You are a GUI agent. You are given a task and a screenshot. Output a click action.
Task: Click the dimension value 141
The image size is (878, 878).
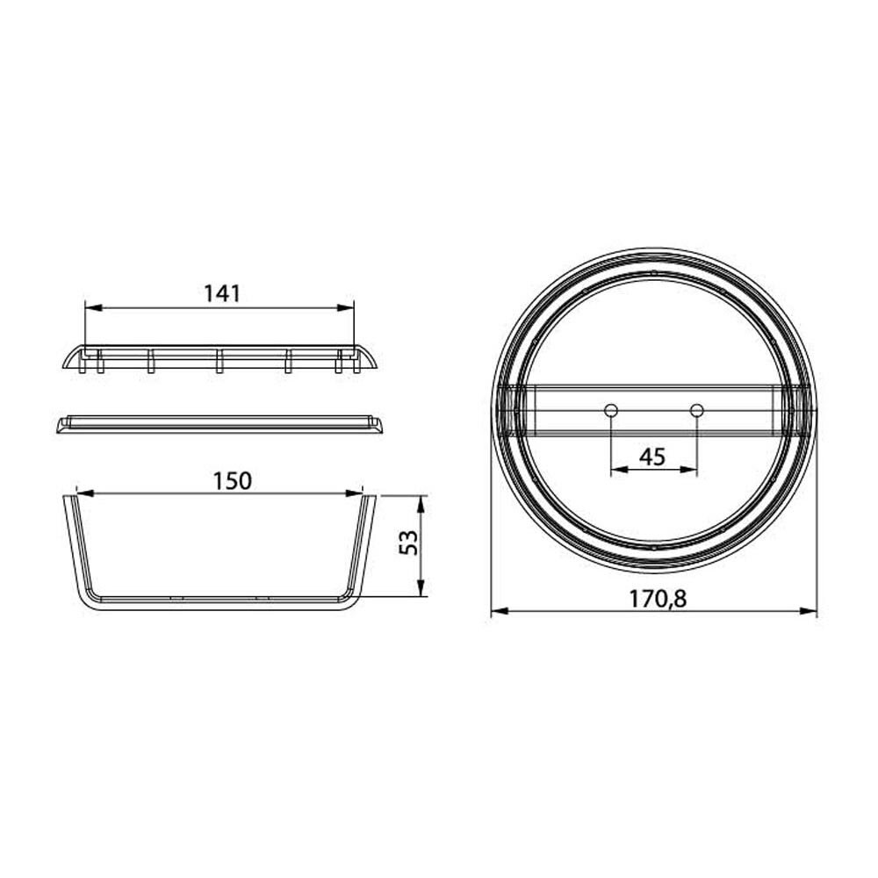point(222,293)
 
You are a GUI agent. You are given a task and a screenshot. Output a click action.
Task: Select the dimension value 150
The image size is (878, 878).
point(233,480)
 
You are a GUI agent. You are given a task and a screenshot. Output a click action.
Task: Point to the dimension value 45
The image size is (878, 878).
point(651,457)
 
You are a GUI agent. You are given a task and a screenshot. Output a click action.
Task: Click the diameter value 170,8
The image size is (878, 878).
point(657,598)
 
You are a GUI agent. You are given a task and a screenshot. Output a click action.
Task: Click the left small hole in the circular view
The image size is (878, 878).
point(610,410)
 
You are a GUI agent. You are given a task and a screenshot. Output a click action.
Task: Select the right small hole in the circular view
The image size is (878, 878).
point(697,410)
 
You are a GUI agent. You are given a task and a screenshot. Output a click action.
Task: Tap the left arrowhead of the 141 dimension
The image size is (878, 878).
point(90,307)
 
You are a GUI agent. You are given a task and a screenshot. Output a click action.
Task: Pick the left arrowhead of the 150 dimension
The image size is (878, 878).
point(83,493)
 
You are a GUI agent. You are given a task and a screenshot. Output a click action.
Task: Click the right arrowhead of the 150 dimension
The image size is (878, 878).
point(356,493)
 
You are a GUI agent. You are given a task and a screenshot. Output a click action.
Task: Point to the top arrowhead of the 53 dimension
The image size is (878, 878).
point(421,501)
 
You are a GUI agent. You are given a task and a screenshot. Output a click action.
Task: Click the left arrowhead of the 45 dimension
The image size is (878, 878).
point(615,470)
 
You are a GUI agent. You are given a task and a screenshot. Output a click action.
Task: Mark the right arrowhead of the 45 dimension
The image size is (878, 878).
point(692,470)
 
